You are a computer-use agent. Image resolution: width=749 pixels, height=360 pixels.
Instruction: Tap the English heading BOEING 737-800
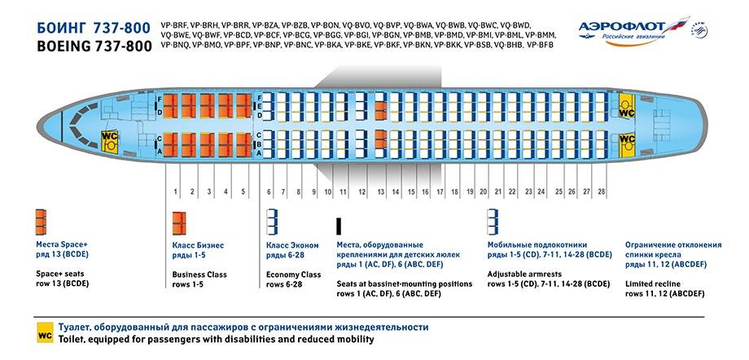(x=94, y=47)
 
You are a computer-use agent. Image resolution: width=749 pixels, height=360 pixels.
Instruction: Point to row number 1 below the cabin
(x=175, y=192)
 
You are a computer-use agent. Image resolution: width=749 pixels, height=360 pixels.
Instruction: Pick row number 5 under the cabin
(x=243, y=192)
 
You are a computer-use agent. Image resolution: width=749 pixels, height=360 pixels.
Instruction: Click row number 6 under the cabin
(x=269, y=192)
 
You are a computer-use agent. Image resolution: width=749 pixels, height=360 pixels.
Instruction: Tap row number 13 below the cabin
(x=381, y=192)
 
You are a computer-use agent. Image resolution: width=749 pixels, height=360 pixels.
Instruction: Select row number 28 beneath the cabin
(x=602, y=192)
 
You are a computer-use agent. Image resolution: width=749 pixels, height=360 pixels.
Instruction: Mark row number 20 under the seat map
(x=484, y=192)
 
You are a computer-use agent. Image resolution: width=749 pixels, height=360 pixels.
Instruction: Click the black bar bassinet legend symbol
(x=339, y=226)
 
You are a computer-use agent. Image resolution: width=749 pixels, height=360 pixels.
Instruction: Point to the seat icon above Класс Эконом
(x=273, y=222)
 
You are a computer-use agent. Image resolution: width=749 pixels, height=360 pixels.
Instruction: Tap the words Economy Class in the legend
(x=294, y=274)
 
